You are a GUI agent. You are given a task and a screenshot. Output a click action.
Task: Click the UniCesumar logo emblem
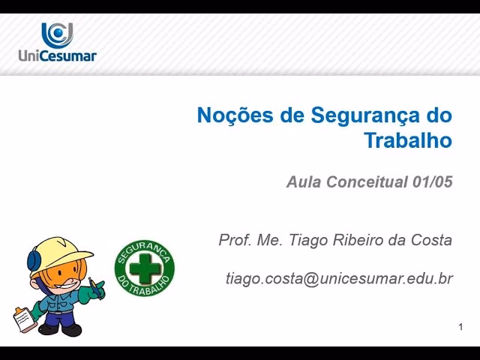[57, 34]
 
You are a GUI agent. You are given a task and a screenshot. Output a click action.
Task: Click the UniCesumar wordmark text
[57, 55]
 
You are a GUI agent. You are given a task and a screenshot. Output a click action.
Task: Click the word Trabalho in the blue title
[408, 140]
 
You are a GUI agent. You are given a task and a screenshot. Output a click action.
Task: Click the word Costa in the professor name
[433, 240]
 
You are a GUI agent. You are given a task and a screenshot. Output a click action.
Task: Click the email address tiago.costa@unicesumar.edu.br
[339, 278]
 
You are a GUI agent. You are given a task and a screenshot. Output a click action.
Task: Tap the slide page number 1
[460, 327]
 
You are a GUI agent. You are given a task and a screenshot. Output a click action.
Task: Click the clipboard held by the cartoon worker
[25, 317]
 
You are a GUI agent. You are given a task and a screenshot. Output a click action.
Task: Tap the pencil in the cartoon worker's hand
[95, 285]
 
